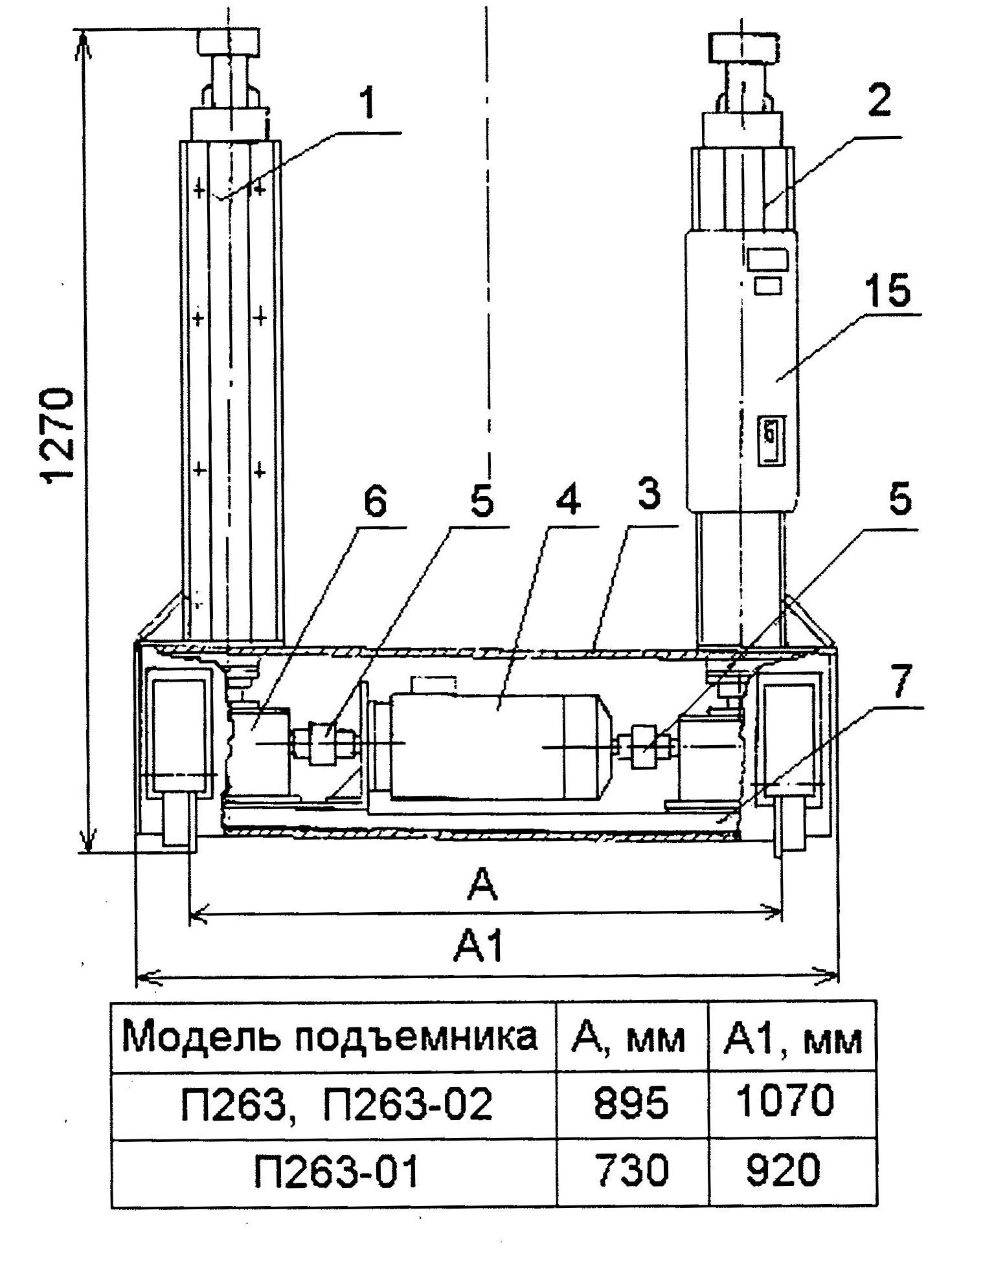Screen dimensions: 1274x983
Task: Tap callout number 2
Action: pyautogui.click(x=879, y=100)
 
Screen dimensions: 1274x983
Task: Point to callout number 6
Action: pyautogui.click(x=375, y=502)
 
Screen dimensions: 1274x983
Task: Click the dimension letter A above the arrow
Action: pyautogui.click(x=482, y=885)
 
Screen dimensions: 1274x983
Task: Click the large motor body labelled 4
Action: pyautogui.click(x=492, y=744)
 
